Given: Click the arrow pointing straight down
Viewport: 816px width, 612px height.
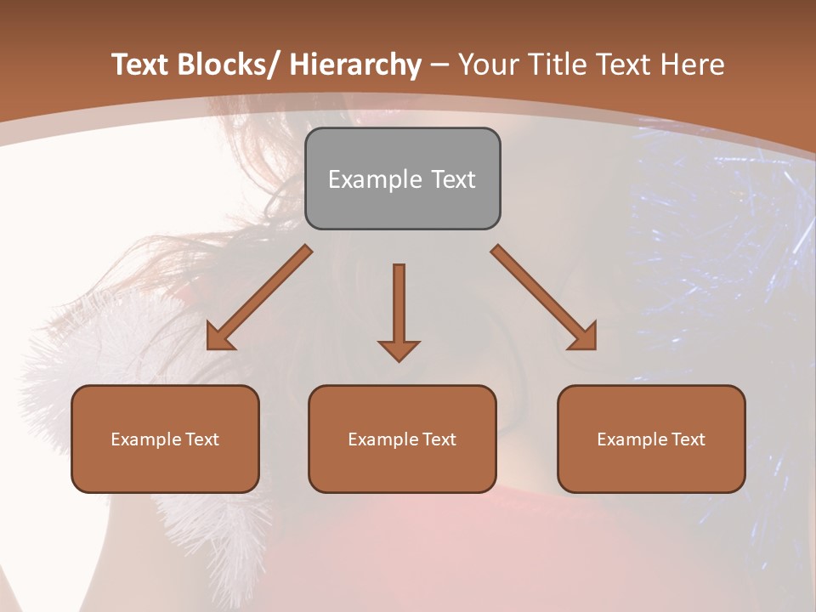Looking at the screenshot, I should click(399, 310).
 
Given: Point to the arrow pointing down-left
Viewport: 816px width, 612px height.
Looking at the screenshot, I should click(260, 297).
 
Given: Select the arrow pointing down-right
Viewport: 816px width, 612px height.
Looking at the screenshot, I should click(543, 297).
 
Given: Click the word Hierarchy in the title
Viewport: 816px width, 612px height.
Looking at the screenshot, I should click(355, 65).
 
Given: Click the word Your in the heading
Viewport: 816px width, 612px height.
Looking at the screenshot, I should click(489, 65).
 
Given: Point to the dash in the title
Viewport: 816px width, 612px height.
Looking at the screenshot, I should click(439, 65).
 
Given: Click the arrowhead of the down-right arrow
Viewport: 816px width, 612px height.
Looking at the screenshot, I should click(583, 337).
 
